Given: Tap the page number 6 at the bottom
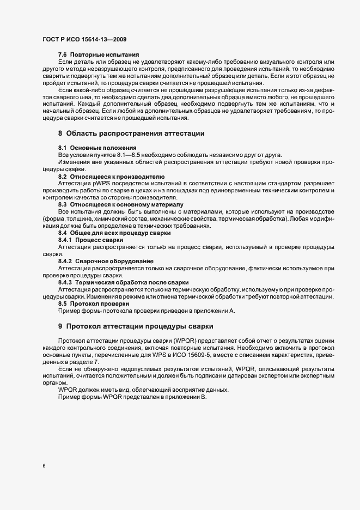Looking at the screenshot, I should [44, 466].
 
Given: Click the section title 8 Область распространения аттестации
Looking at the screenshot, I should [131, 133].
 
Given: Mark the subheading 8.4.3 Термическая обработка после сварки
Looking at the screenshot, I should [123, 282].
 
